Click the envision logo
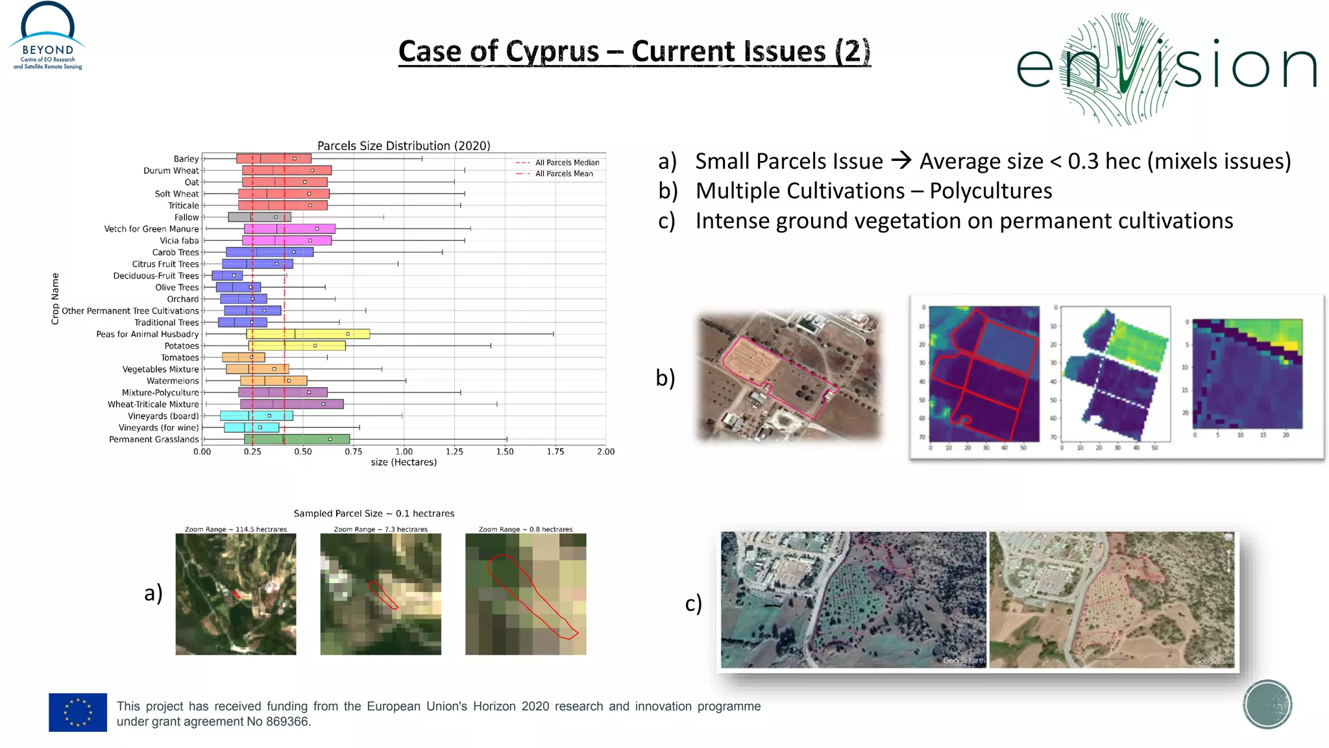[1165, 68]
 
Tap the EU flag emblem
[78, 712]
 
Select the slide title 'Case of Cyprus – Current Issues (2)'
[634, 52]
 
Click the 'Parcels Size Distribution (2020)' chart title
[404, 145]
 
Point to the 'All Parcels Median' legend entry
[567, 163]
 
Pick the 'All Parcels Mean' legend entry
[563, 174]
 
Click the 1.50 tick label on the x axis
[505, 452]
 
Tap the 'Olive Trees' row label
[177, 288]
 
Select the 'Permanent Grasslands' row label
[154, 440]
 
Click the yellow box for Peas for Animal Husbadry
[308, 334]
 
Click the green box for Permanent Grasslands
[297, 440]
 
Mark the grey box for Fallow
[260, 218]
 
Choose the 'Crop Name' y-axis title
[55, 299]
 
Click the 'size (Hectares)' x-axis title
[404, 462]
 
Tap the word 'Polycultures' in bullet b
[990, 191]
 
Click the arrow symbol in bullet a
[901, 160]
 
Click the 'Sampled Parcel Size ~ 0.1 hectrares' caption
[374, 514]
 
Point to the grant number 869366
[287, 722]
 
